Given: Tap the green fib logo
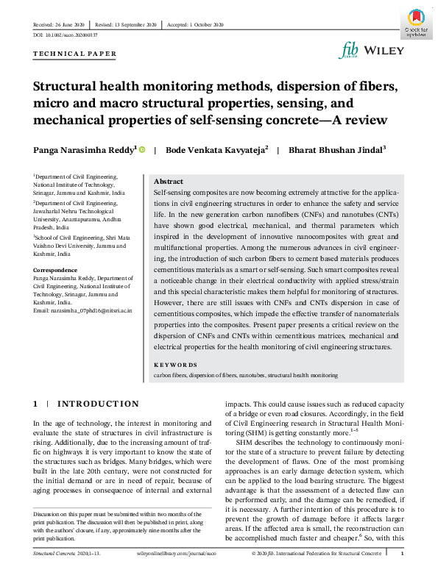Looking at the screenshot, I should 349,49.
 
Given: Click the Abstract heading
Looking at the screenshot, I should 168,182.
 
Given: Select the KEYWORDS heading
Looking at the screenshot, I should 175,365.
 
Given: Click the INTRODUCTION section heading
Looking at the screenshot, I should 98,404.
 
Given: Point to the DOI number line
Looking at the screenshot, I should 66,35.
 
